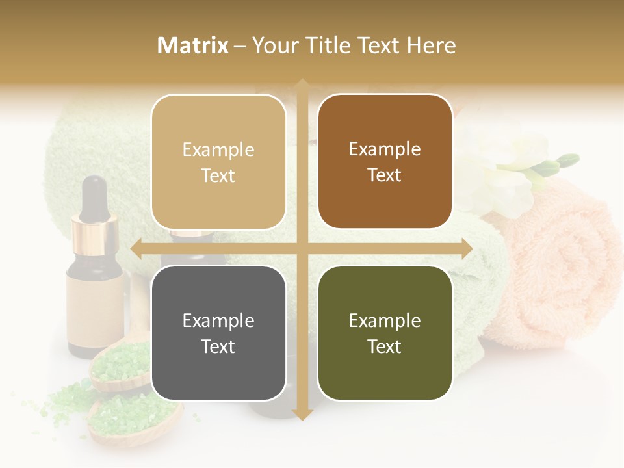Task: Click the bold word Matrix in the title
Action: pyautogui.click(x=193, y=45)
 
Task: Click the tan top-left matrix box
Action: pyautogui.click(x=218, y=162)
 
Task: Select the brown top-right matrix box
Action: pyautogui.click(x=385, y=162)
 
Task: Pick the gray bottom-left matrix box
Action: pyautogui.click(x=218, y=333)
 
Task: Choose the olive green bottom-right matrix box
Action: pyautogui.click(x=385, y=333)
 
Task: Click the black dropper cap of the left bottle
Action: pyautogui.click(x=96, y=195)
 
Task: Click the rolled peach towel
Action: pyautogui.click(x=559, y=273)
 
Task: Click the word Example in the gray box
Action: pyautogui.click(x=218, y=320)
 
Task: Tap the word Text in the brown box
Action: pyautogui.click(x=385, y=175)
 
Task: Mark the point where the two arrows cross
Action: pyautogui.click(x=302, y=248)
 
